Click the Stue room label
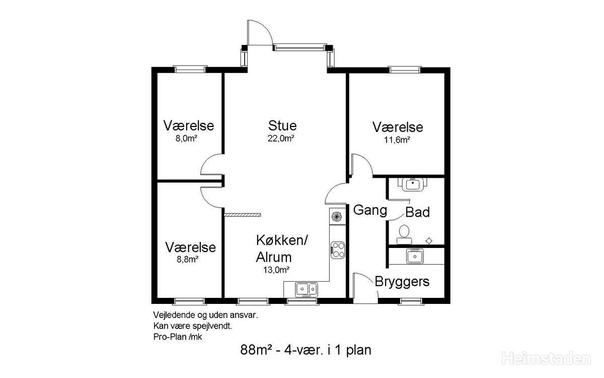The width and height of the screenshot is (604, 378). click(x=282, y=125)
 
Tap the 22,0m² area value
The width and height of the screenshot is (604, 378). click(x=281, y=139)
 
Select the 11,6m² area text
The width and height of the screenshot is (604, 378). click(x=397, y=140)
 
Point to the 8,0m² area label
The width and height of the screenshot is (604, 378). click(x=186, y=139)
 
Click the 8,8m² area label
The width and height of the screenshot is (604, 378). click(x=187, y=260)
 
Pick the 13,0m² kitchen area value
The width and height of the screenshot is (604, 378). click(x=276, y=270)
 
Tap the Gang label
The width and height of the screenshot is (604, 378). click(x=370, y=210)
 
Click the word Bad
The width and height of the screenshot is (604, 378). click(x=417, y=212)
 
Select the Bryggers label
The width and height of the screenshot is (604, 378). click(x=402, y=282)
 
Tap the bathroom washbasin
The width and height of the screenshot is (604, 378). click(x=412, y=184)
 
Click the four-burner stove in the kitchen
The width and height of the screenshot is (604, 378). click(x=338, y=250)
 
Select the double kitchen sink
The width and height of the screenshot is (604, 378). click(x=307, y=289)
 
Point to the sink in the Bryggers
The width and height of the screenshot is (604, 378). click(x=415, y=256)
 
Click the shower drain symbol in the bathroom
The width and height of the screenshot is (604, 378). click(x=429, y=240)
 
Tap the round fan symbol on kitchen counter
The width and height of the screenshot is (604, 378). click(x=336, y=216)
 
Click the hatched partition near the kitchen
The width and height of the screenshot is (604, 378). click(x=243, y=215)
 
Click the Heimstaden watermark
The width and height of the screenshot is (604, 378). click(x=546, y=359)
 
